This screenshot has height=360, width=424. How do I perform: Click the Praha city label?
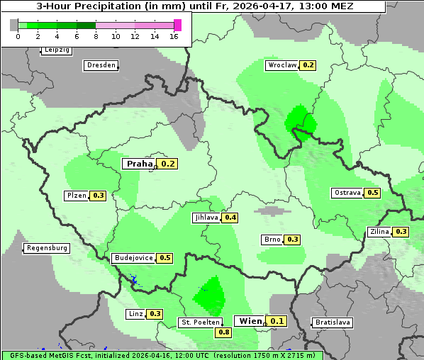tap(139, 164)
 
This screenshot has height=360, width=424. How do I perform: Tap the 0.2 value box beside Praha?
tap(168, 164)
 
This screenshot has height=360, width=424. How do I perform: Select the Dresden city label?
tap(101, 65)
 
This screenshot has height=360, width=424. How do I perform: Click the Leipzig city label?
tap(56, 50)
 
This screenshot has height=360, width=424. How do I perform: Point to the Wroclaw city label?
tap(281, 65)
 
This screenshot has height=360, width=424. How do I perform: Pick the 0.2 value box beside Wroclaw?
tap(308, 65)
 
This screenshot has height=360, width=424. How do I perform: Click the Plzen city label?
tap(76, 196)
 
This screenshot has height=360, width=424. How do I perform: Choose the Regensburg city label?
tap(47, 248)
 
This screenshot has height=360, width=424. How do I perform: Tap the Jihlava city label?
tap(206, 218)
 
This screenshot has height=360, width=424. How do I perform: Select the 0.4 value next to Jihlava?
tap(230, 218)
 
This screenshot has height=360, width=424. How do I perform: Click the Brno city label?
tap(272, 240)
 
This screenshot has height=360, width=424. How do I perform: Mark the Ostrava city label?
tap(347, 193)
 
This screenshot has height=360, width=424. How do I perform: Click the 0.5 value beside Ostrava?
tap(373, 193)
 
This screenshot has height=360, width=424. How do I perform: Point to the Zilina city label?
tap(379, 232)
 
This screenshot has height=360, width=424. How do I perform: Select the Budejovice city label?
tap(133, 258)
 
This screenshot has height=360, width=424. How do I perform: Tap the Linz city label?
tap(135, 313)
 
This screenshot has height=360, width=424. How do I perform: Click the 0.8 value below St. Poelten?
tap(224, 332)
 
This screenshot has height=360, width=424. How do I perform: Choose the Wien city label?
tap(249, 321)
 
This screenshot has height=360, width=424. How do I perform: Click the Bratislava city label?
tap(333, 322)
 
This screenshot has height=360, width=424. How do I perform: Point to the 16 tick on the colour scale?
tap(174, 36)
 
